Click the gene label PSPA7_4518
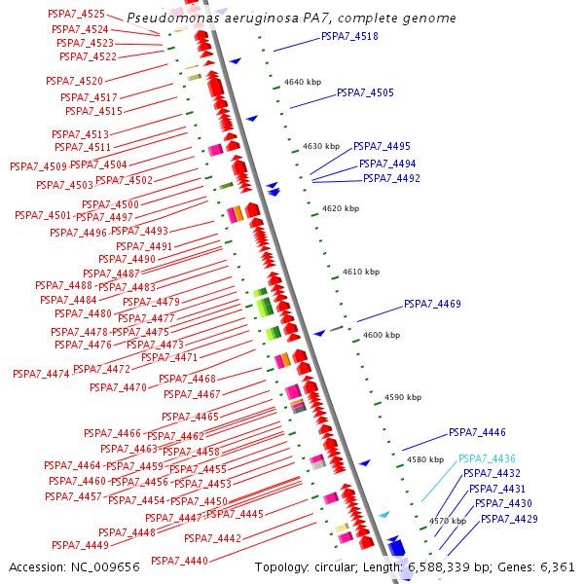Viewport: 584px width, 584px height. (x=349, y=36)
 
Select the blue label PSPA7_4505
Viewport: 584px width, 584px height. (x=365, y=92)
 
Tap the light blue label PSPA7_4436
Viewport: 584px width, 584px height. (x=487, y=458)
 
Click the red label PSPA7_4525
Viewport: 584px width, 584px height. (x=77, y=14)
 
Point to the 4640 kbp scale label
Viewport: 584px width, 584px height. (x=302, y=82)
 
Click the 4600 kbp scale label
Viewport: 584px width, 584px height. (x=381, y=335)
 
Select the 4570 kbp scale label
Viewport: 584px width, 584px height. (x=448, y=522)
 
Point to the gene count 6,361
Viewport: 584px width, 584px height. (x=558, y=566)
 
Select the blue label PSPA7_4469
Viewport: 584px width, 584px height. (x=432, y=304)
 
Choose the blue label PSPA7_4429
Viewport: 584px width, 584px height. (x=509, y=519)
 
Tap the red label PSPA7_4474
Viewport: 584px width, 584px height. (x=41, y=374)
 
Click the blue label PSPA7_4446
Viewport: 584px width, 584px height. (x=477, y=432)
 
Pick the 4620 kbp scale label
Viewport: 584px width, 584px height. (x=341, y=208)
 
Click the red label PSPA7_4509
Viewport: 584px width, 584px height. (x=38, y=166)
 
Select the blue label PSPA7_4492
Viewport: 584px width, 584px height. (x=391, y=178)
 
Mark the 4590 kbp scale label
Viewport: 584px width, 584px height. (x=403, y=397)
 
